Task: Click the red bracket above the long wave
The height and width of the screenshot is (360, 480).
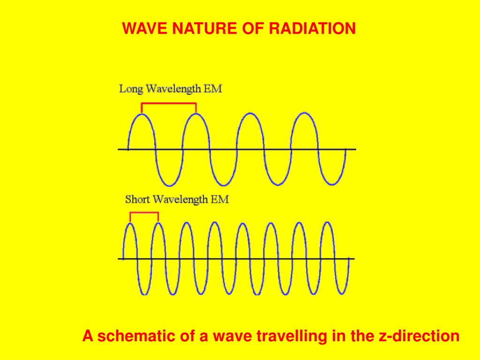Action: [x=169, y=103]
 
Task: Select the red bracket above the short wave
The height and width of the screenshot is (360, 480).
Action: [x=144, y=212]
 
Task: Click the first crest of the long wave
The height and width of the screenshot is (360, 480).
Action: [x=142, y=114]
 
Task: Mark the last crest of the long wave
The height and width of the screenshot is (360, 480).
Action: [x=304, y=113]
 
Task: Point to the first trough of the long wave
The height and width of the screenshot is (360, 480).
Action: [x=169, y=185]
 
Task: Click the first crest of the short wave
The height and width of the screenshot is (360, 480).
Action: [x=130, y=224]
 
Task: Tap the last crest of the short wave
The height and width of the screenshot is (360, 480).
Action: [x=328, y=223]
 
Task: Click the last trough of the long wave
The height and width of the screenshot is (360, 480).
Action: [x=332, y=185]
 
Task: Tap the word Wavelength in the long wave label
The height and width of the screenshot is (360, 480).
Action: [x=173, y=90]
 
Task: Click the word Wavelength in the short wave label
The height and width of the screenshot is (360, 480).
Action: [x=180, y=200]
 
